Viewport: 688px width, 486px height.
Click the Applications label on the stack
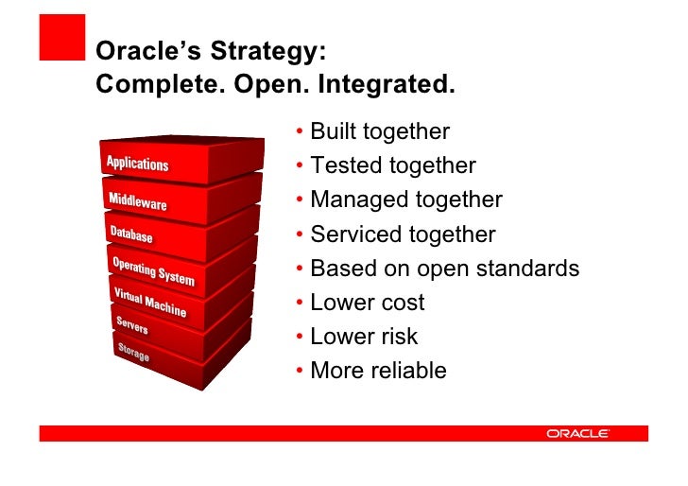pos(137,164)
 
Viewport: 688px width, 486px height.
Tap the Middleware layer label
pos(137,201)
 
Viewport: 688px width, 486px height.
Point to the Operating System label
pos(153,270)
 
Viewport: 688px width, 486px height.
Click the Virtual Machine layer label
pos(149,302)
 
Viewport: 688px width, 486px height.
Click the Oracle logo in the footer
pos(577,433)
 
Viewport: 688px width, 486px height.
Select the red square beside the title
pos(61,38)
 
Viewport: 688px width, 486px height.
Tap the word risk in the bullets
pos(398,337)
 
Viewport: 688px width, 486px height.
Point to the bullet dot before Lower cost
pos(299,303)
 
